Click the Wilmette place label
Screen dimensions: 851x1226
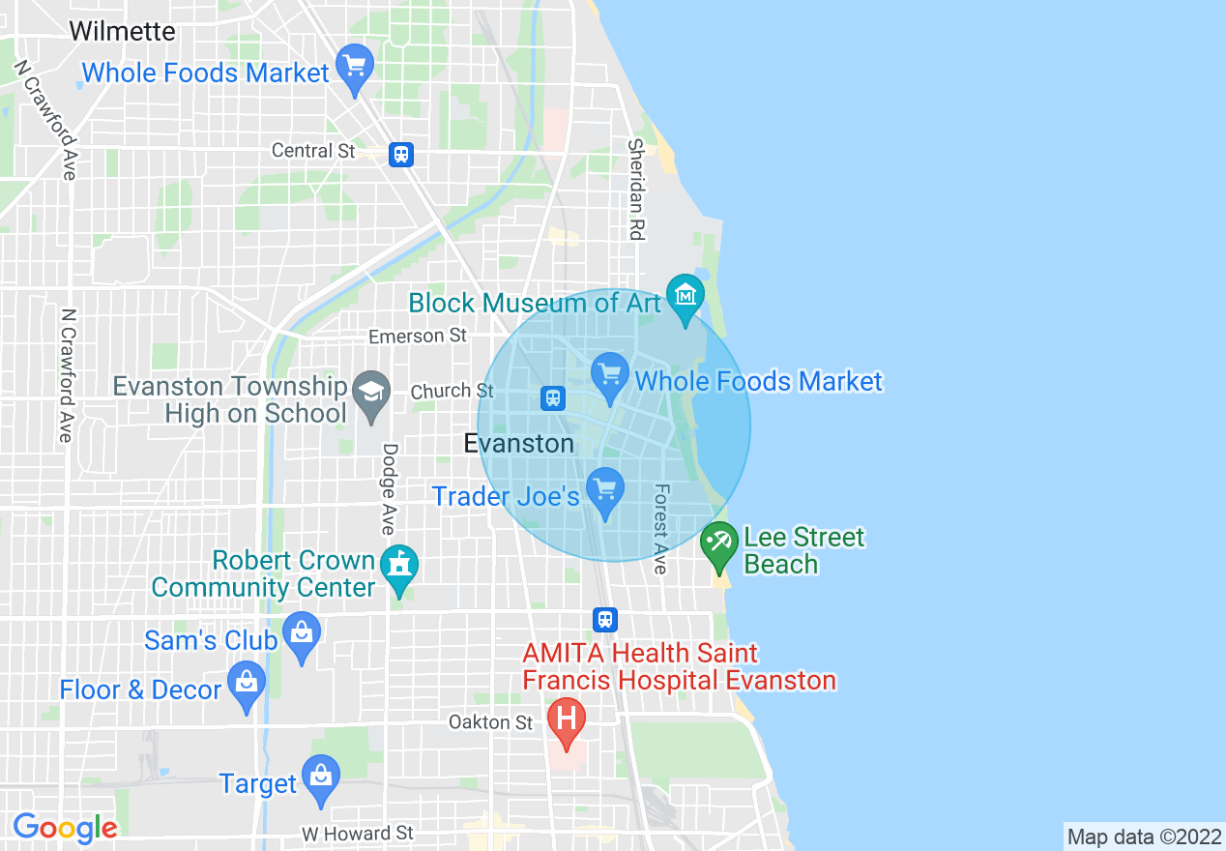122,31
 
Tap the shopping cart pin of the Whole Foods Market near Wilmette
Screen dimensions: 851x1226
355,68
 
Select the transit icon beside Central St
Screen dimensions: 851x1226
401,154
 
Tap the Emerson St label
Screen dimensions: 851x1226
418,336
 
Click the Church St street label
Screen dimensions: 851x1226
452,391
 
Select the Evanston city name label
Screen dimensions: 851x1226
519,443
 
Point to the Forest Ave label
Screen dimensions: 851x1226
661,529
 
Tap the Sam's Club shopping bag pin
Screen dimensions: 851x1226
302,634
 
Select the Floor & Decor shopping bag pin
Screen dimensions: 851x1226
247,684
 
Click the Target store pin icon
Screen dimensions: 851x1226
320,778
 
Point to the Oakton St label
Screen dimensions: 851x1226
490,722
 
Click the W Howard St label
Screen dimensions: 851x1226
357,833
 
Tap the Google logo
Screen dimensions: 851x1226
65,828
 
